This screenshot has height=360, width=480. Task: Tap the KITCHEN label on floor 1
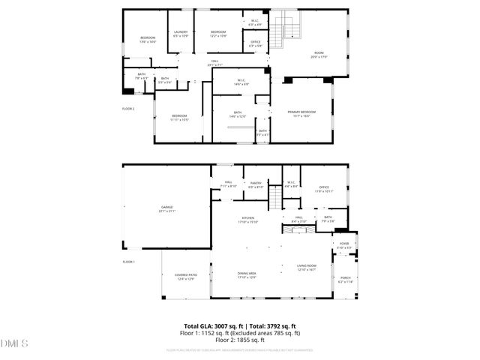[x=247, y=220]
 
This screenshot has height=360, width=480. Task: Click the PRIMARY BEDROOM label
[x=302, y=113]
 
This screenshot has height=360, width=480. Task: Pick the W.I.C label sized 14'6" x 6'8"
[x=241, y=82]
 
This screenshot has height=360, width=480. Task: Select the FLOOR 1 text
[x=128, y=262]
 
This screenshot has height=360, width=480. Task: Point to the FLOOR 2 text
[x=128, y=109]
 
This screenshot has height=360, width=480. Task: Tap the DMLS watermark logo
[x=14, y=343]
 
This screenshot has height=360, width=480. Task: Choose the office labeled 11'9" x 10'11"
[x=324, y=189]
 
